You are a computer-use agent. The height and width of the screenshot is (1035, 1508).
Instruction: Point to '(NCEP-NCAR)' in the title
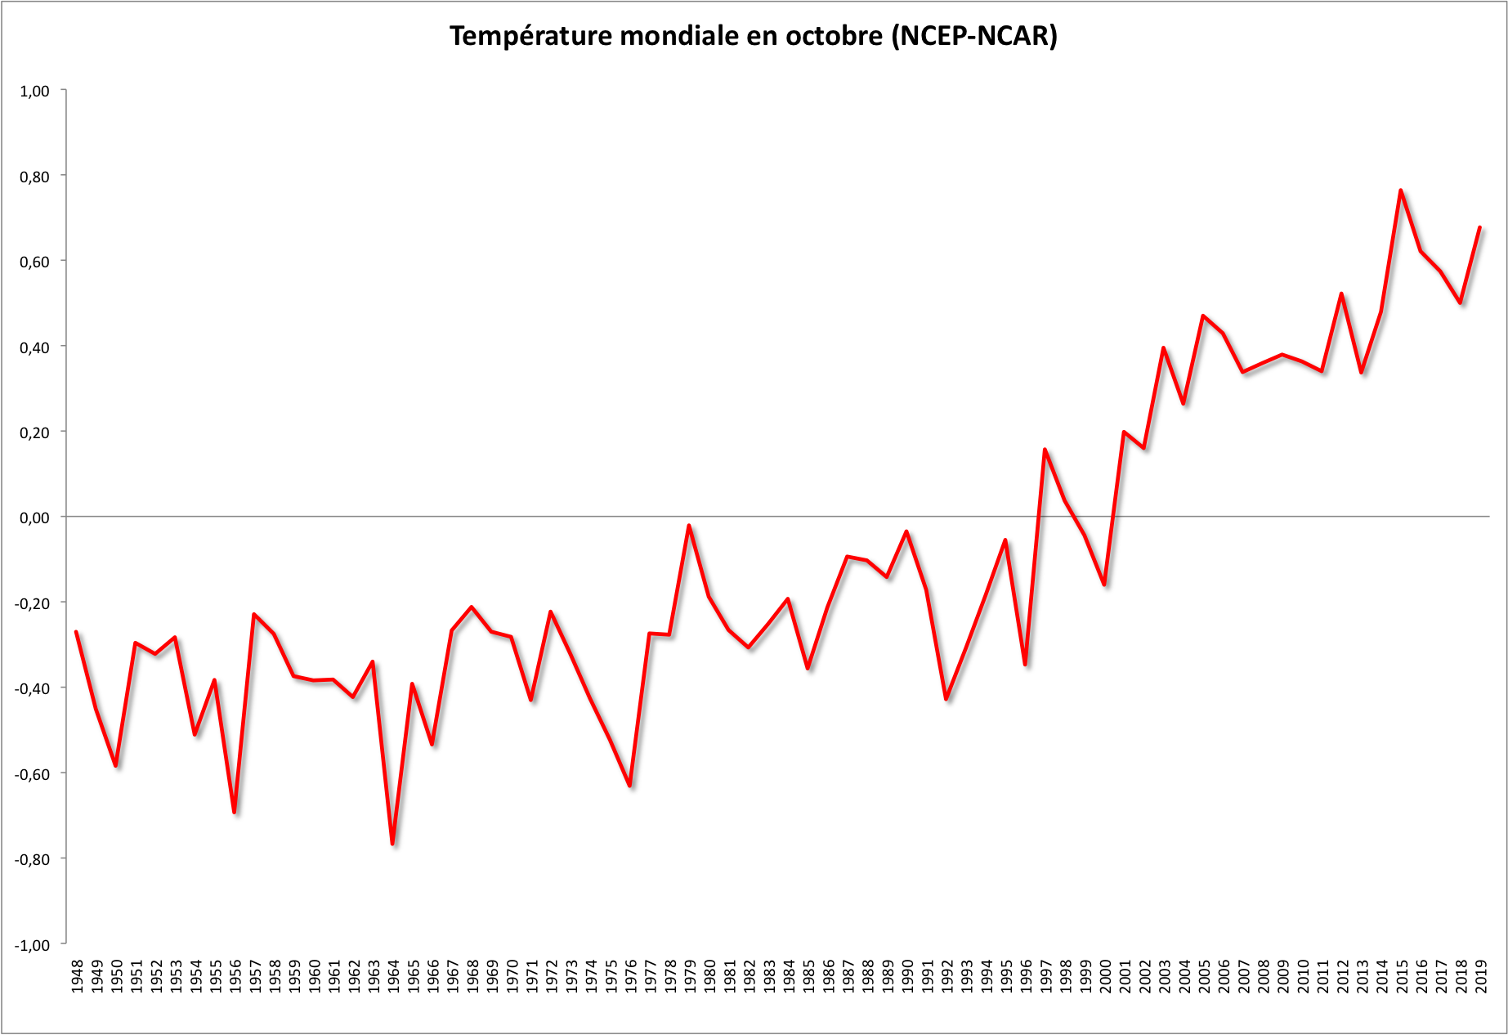[x=974, y=36]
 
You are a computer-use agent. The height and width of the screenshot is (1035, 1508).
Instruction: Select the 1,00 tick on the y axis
[x=34, y=91]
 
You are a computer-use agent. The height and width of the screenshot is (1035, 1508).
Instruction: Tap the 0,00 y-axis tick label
[x=34, y=517]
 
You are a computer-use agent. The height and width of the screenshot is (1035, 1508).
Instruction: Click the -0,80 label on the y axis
[x=33, y=859]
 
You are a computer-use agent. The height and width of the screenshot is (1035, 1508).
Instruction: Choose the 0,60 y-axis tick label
[x=34, y=262]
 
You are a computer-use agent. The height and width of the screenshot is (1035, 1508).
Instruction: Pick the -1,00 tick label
[x=33, y=945]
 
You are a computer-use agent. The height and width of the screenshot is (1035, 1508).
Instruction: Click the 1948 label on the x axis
[x=77, y=977]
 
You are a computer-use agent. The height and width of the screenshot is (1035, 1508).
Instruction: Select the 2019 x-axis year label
[x=1481, y=977]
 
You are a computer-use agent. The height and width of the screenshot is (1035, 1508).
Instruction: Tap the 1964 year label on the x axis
[x=393, y=977]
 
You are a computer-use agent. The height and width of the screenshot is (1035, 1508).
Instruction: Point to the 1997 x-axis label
[x=1045, y=977]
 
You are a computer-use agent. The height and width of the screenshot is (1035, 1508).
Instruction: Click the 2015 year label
[x=1402, y=977]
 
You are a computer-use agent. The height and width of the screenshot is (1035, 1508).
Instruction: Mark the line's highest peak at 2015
[x=1401, y=190]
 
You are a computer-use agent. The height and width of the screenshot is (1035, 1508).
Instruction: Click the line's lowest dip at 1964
[x=392, y=844]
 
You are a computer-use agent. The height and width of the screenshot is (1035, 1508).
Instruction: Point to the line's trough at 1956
[x=235, y=812]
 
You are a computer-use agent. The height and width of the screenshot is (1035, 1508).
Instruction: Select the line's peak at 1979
[x=689, y=526]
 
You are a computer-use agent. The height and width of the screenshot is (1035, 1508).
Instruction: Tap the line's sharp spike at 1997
[x=1045, y=449]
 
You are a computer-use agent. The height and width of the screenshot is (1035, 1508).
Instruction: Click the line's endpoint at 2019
[x=1480, y=227]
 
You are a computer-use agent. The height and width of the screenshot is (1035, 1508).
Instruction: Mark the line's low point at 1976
[x=630, y=786]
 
